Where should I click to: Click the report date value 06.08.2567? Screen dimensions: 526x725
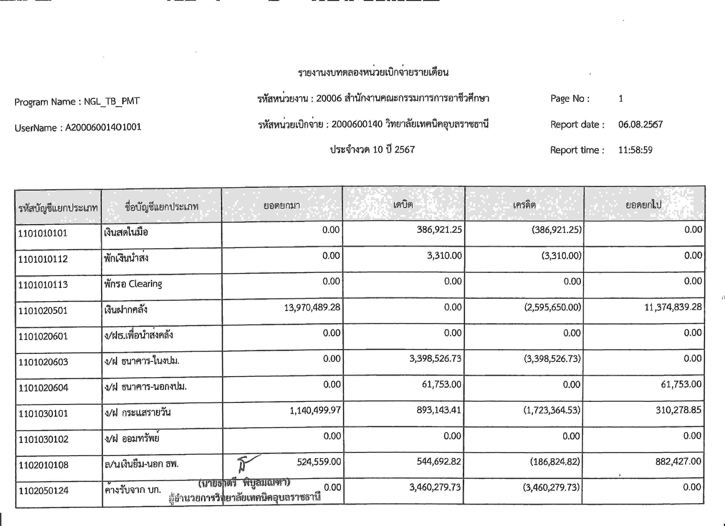pos(640,124)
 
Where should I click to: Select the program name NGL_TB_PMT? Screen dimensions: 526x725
pos(112,101)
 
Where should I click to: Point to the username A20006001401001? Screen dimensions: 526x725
pos(103,127)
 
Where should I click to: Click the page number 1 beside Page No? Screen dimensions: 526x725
pos(621,98)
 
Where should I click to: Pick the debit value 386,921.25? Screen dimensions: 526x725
pos(439,230)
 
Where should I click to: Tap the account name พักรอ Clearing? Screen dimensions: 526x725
pos(133,284)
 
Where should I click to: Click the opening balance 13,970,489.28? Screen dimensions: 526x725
pos(312,307)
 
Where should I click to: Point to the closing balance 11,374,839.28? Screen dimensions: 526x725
pos(673,307)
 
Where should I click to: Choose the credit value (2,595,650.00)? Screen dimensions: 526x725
pos(552,307)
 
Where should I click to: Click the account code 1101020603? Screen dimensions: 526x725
pos(43,362)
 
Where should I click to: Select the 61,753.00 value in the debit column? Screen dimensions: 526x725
pos(442,384)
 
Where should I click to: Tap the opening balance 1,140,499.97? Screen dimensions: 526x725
pos(315,410)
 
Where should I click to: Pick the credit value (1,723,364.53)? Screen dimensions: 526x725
pos(551,410)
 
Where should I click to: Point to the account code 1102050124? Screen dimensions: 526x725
pos(43,491)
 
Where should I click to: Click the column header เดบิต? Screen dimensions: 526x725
pos(403,204)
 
